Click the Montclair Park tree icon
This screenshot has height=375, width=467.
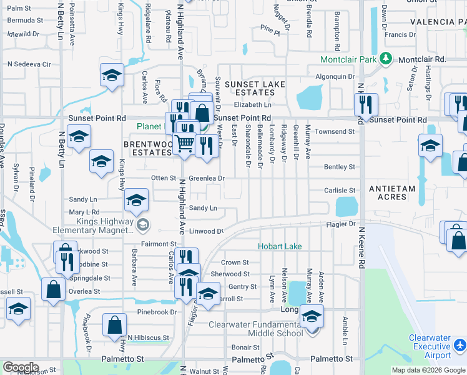coord(386,59)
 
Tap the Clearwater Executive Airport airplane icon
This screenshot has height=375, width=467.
coord(460,345)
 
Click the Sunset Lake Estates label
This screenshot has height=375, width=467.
coord(255,89)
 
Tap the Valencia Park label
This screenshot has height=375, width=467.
coord(438,22)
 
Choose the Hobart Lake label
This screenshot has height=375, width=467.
coord(280,246)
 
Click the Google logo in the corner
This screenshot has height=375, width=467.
coord(21,367)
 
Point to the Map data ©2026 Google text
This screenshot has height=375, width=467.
coord(429,370)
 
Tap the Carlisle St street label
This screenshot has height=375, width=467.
coord(340,190)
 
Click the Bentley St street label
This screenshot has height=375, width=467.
coord(340,167)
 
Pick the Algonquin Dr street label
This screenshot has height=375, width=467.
coord(334,76)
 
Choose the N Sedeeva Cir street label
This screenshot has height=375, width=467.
coord(29,64)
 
